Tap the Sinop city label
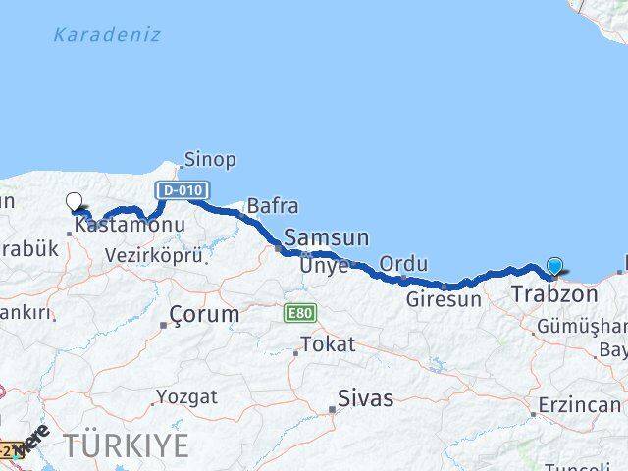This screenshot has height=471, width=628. point(209,159)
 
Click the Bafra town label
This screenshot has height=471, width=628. point(272,206)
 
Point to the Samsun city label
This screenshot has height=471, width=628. point(327,237)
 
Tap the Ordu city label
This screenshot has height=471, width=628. point(403,263)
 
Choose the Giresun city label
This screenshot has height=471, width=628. point(445,299)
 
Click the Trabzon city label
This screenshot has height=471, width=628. point(554,293)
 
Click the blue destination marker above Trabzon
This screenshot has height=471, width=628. point(555,266)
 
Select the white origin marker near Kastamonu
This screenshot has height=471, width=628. point(75,202)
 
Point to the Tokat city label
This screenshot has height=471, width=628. point(328,344)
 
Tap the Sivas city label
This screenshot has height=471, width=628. point(365,398)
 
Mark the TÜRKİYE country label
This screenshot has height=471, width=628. point(127,445)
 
